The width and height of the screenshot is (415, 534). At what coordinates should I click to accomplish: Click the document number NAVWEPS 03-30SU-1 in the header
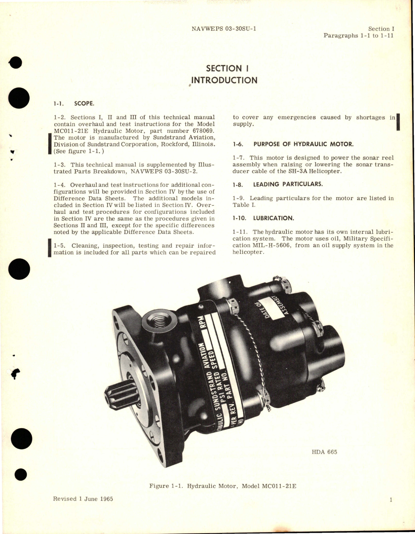(224, 29)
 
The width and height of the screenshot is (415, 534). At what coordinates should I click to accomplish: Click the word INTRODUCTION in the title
(224, 80)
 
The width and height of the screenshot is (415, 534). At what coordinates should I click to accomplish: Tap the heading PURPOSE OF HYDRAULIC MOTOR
(303, 144)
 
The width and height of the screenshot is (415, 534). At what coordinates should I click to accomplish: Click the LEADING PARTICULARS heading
(288, 184)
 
